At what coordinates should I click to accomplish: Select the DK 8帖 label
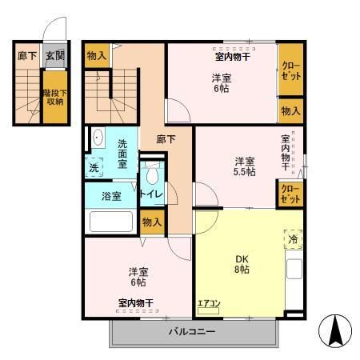(x=241, y=264)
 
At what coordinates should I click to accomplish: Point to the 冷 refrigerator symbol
(x=292, y=239)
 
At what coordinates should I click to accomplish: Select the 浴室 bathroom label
(x=111, y=196)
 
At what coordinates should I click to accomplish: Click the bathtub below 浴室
(x=111, y=222)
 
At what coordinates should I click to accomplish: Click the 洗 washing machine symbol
(x=94, y=168)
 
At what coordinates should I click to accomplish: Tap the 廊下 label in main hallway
(x=166, y=138)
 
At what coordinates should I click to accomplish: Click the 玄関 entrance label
(x=54, y=56)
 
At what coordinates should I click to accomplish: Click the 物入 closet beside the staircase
(x=98, y=55)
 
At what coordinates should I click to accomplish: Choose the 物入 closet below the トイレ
(x=151, y=222)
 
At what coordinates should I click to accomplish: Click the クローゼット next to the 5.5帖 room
(x=290, y=194)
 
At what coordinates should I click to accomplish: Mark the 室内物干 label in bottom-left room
(x=135, y=302)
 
